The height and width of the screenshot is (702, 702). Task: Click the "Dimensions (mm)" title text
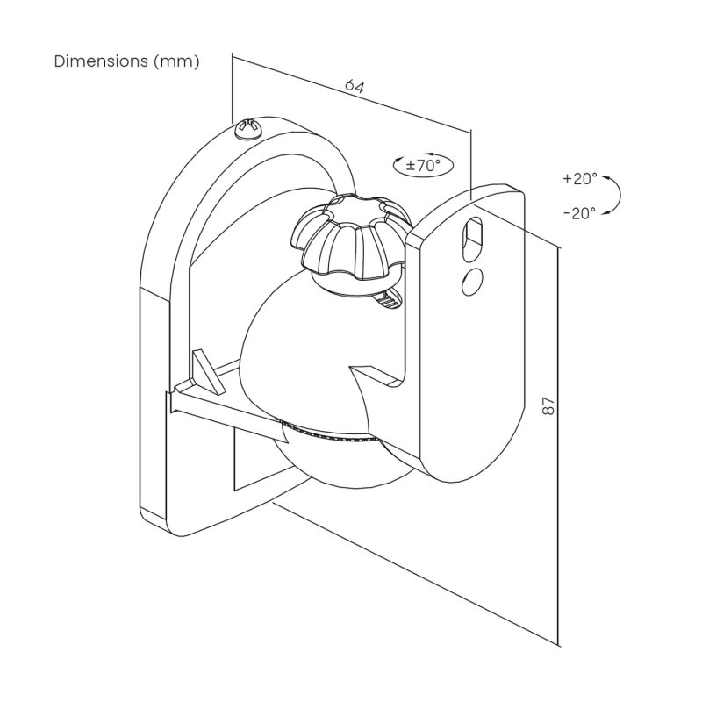point(127,61)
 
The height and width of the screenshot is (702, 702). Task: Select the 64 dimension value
point(354,86)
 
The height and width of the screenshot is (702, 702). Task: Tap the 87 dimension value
point(548,405)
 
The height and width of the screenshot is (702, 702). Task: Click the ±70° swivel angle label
point(418,164)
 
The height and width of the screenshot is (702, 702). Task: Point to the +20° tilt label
point(579,178)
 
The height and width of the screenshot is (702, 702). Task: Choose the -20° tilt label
point(579,211)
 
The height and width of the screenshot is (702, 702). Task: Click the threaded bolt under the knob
point(390,300)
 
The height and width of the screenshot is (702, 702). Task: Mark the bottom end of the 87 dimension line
point(558,641)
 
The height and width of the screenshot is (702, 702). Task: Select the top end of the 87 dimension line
point(558,247)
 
